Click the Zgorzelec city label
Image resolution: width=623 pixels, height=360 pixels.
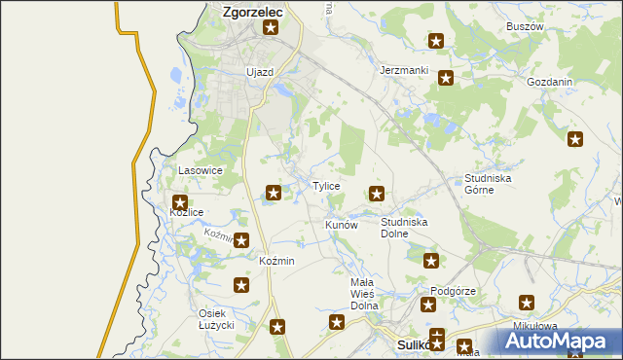click(252, 12)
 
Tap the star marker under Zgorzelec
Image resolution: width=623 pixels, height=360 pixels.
click(271, 28)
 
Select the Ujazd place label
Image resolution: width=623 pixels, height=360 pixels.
click(260, 72)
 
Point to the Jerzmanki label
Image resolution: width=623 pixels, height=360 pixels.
click(404, 71)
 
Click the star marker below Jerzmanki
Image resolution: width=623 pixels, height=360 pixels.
click(446, 79)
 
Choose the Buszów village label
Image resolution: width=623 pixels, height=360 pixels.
click(525, 26)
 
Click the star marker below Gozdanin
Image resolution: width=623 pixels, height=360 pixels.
click(575, 140)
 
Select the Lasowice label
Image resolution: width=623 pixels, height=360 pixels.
click(201, 170)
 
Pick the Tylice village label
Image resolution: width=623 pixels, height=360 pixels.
click(325, 185)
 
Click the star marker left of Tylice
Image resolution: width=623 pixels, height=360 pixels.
click(275, 193)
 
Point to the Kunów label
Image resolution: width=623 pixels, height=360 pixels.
click(342, 225)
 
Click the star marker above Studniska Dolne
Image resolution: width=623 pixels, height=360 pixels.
click(377, 194)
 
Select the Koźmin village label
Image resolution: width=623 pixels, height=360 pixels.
click(276, 262)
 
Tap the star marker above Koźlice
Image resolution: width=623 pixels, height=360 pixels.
click(180, 201)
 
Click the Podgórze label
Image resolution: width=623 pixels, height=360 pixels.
click(453, 291)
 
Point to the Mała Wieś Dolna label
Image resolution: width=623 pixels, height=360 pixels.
click(363, 293)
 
